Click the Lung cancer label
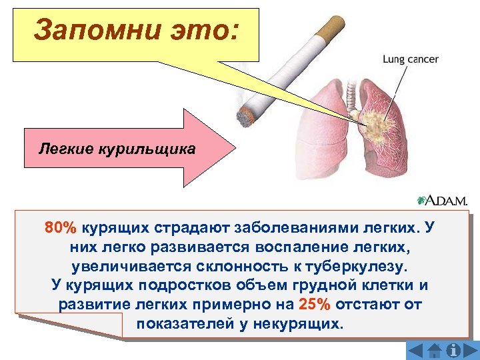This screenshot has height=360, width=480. coord(410,59)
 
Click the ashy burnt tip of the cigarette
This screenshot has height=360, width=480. coord(247,117)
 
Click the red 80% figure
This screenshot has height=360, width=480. coord(60,227)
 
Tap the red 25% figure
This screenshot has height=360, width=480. coord(313,305)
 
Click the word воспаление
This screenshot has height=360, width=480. coord(299,247)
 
